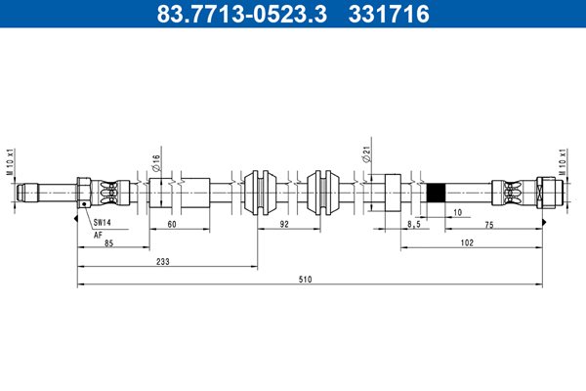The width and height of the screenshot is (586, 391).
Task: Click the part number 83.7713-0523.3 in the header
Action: coord(242,14)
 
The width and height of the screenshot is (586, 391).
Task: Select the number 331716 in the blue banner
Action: coord(389,14)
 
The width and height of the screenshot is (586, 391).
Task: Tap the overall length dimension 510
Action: coord(305,280)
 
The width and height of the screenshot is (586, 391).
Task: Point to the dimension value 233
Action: coord(163,262)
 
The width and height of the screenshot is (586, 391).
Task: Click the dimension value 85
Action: coord(108,243)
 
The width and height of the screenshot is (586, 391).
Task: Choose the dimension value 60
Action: coord(172,225)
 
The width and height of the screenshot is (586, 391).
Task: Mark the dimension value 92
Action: coord(284,224)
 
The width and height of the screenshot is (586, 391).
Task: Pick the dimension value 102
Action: coord(467,242)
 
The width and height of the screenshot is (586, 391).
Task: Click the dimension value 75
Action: coord(489,225)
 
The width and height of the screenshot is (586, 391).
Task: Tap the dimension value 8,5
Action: coord(414,225)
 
